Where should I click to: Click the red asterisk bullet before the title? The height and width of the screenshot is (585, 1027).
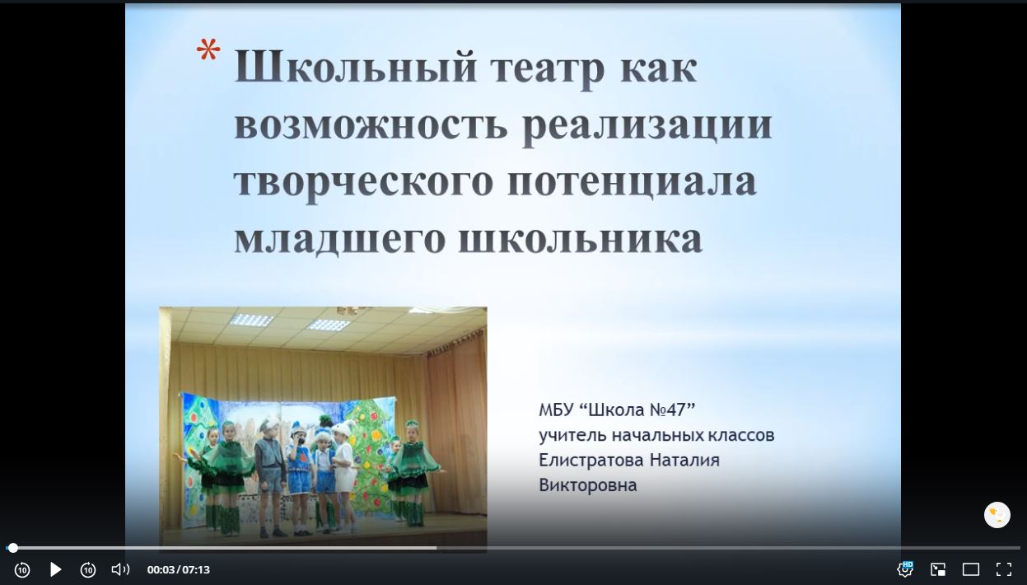208,49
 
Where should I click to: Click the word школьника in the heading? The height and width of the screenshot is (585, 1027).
581,239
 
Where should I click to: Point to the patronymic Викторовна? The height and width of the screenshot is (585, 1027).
588,485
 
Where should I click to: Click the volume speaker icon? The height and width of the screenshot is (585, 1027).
120,569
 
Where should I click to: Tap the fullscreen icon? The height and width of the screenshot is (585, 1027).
1004,569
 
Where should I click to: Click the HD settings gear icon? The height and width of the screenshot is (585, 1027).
905,569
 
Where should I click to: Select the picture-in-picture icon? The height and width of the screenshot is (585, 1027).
937,569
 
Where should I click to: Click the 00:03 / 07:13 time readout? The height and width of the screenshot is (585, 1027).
179,570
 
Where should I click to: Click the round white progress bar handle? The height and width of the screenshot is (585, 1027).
13,548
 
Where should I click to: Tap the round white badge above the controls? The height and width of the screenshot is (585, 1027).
997,515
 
